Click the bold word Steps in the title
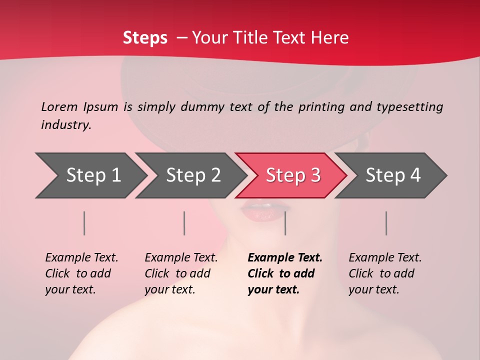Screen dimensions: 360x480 [x=145, y=38]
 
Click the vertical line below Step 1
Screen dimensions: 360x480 [x=84, y=223]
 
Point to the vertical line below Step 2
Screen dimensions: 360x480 [x=184, y=223]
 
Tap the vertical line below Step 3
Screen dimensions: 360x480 [x=285, y=223]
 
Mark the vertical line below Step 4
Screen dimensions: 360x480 [x=386, y=223]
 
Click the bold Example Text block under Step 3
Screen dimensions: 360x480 [x=285, y=273]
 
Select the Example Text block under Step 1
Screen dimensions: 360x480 [x=81, y=273]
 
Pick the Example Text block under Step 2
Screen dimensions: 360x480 [x=181, y=273]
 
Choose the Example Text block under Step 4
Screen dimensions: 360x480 [x=385, y=273]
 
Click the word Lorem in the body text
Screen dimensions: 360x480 [x=59, y=107]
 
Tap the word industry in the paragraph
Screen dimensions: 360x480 [x=66, y=125]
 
